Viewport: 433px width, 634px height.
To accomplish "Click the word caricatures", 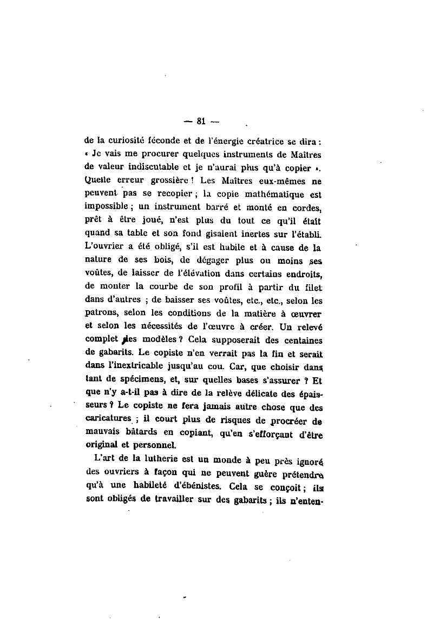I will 109,418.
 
